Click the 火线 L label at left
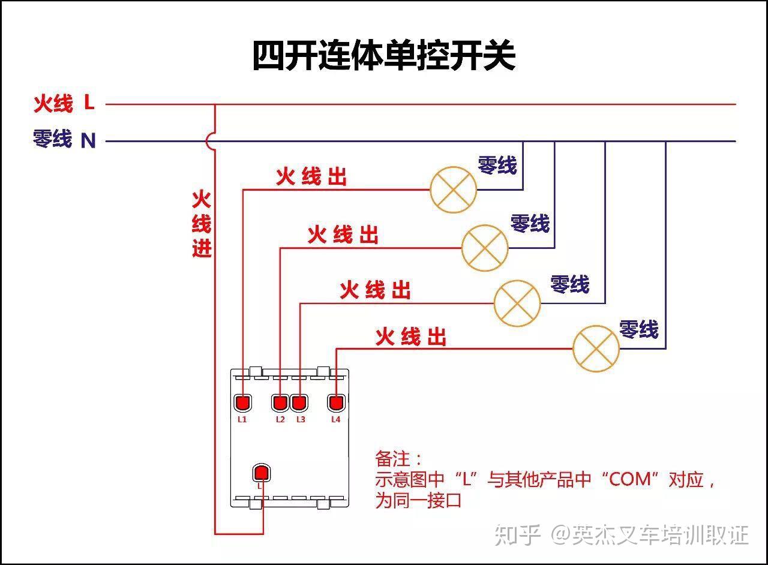pyautogui.click(x=64, y=104)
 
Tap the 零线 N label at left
pyautogui.click(x=64, y=140)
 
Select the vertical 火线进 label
pyautogui.click(x=202, y=224)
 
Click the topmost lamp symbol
pyautogui.click(x=453, y=190)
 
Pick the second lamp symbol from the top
pyautogui.click(x=485, y=248)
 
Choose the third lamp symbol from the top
pyautogui.click(x=517, y=303)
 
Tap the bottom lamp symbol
pyautogui.click(x=596, y=348)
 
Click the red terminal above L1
pyautogui.click(x=242, y=402)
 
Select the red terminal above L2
pyautogui.click(x=280, y=402)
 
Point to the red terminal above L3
pyautogui.click(x=299, y=402)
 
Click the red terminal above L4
pyautogui.click(x=336, y=402)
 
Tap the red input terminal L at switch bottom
pyautogui.click(x=261, y=473)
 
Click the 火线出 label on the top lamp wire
pyautogui.click(x=311, y=177)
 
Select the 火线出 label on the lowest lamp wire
pyautogui.click(x=411, y=337)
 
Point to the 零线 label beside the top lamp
pyautogui.click(x=497, y=165)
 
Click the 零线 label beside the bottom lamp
pyautogui.click(x=638, y=329)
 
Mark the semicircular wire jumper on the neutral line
pyautogui.click(x=210, y=141)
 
